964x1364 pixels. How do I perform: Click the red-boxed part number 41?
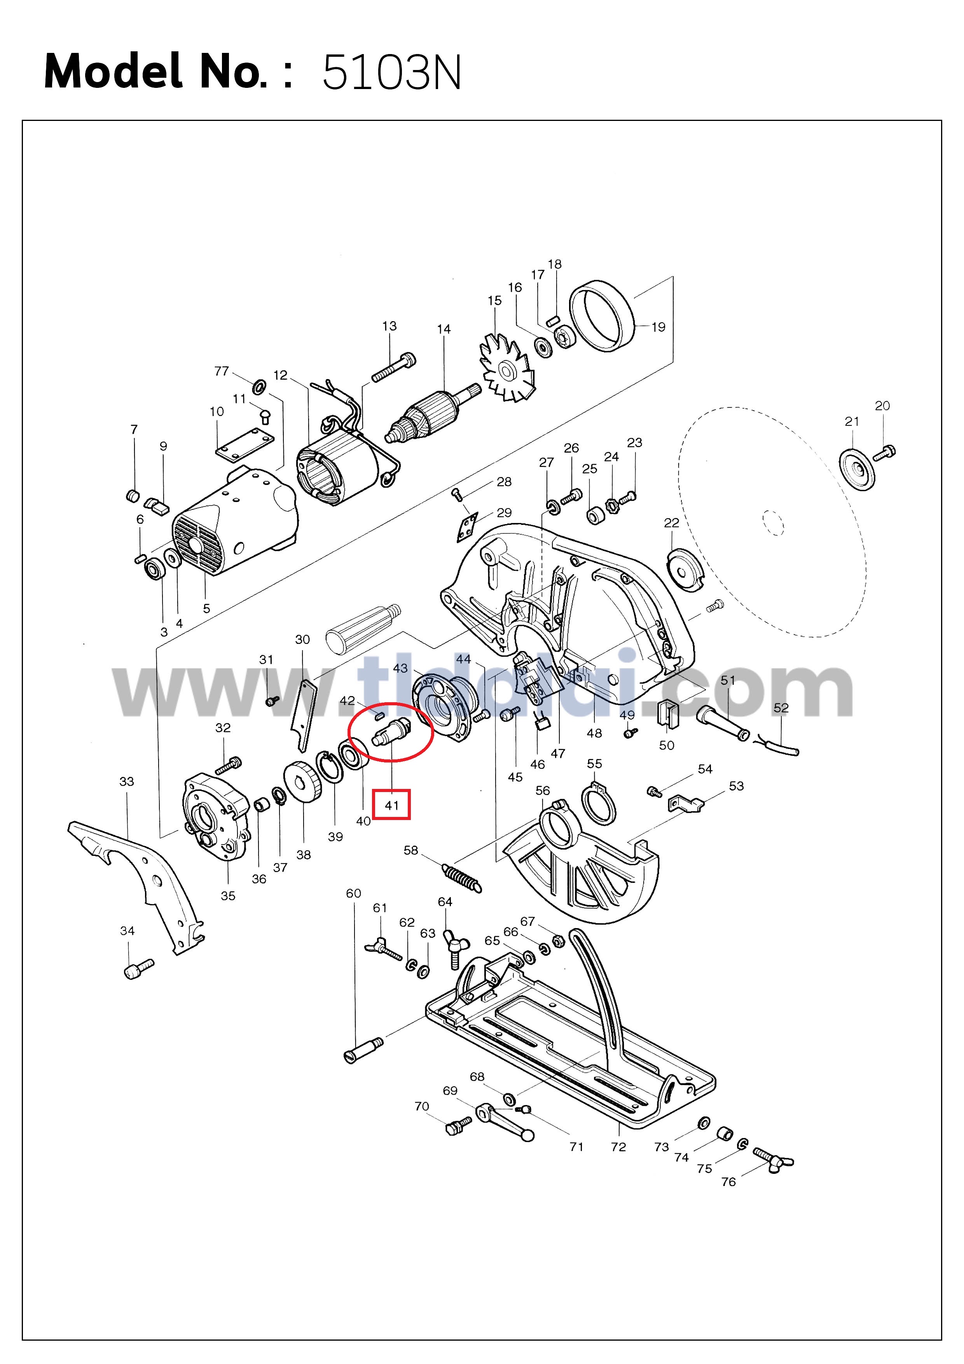(x=391, y=806)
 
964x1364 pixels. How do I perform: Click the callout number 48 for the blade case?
(x=594, y=733)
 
